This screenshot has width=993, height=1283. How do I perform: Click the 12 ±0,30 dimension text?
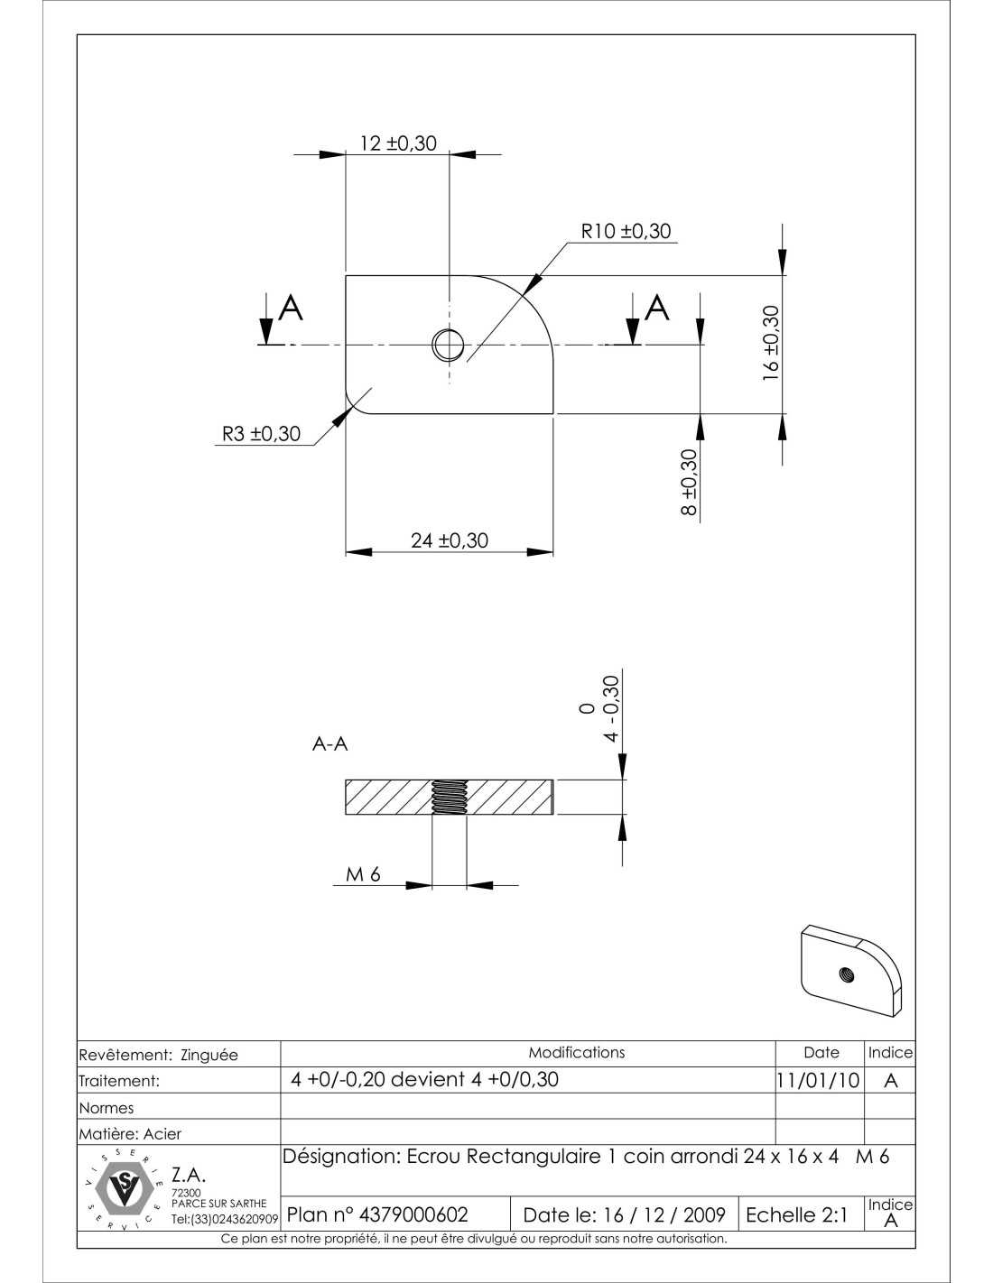398,143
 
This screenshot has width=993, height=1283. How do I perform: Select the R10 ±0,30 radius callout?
626,231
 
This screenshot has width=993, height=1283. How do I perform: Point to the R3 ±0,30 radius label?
261,434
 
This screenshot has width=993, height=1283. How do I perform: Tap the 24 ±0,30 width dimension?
450,540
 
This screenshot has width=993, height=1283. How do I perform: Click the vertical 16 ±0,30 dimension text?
772,343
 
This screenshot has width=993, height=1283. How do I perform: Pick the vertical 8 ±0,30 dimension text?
690,482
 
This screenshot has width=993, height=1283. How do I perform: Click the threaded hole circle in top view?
448,344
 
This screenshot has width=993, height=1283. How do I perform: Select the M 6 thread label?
363,874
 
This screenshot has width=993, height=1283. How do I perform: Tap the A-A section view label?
330,744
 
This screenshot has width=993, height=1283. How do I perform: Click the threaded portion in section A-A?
450,797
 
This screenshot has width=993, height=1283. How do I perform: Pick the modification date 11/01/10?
818,1081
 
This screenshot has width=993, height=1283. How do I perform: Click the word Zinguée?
209,1055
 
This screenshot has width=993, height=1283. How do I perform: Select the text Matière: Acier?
130,1133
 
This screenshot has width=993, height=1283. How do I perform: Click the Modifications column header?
577,1052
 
